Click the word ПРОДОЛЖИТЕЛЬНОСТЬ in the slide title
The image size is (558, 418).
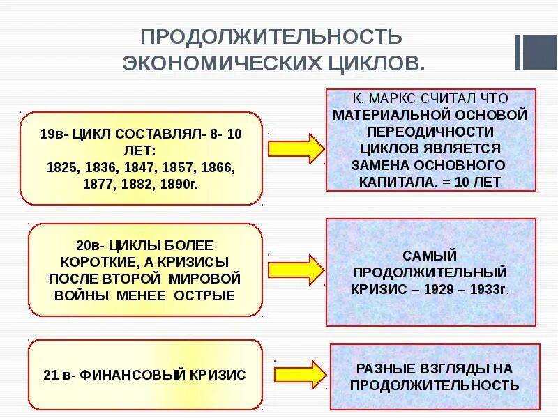coord(271,36)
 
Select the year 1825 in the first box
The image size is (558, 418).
coord(61,169)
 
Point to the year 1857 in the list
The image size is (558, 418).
coord(179,169)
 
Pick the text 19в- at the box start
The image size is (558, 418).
coord(52,134)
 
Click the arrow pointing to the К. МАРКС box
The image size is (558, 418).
coord(296,148)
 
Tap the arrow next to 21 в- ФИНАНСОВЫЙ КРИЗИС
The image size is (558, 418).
coord(299,373)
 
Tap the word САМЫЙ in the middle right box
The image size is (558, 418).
coord(430,254)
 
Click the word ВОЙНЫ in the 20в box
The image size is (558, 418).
coord(78,295)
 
